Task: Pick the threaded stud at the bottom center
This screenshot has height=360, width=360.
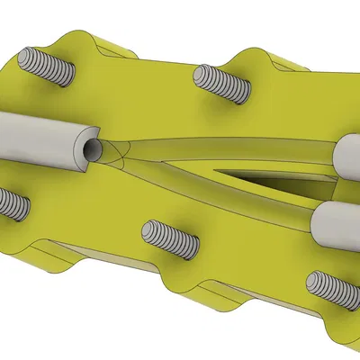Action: [x=170, y=239]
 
